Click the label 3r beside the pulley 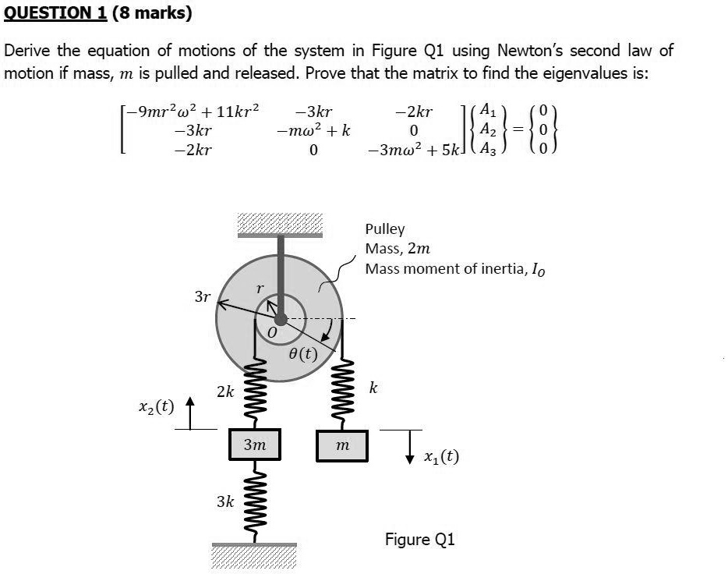tap(202, 296)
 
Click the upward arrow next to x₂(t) tap(193, 411)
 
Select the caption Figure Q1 tap(419, 540)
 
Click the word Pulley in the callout tap(385, 229)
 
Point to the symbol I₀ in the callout tap(538, 270)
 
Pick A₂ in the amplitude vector tap(488, 130)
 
